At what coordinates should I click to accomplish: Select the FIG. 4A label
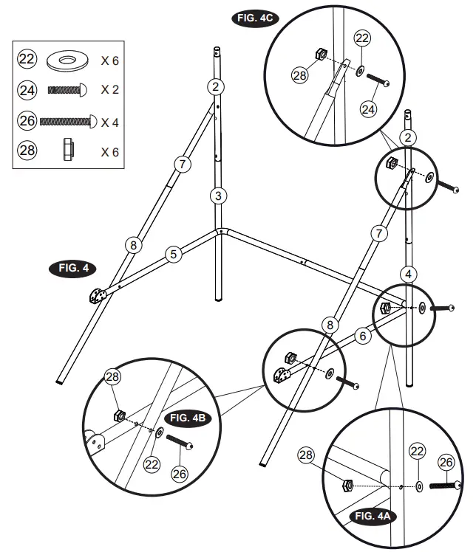pos(373,516)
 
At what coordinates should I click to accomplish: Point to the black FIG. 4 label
pos(72,268)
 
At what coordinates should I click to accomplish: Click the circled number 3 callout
pos(217,196)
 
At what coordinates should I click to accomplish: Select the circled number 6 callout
pos(362,336)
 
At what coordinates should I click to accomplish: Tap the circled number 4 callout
pos(408,275)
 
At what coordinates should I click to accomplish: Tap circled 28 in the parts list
pos(27,151)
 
